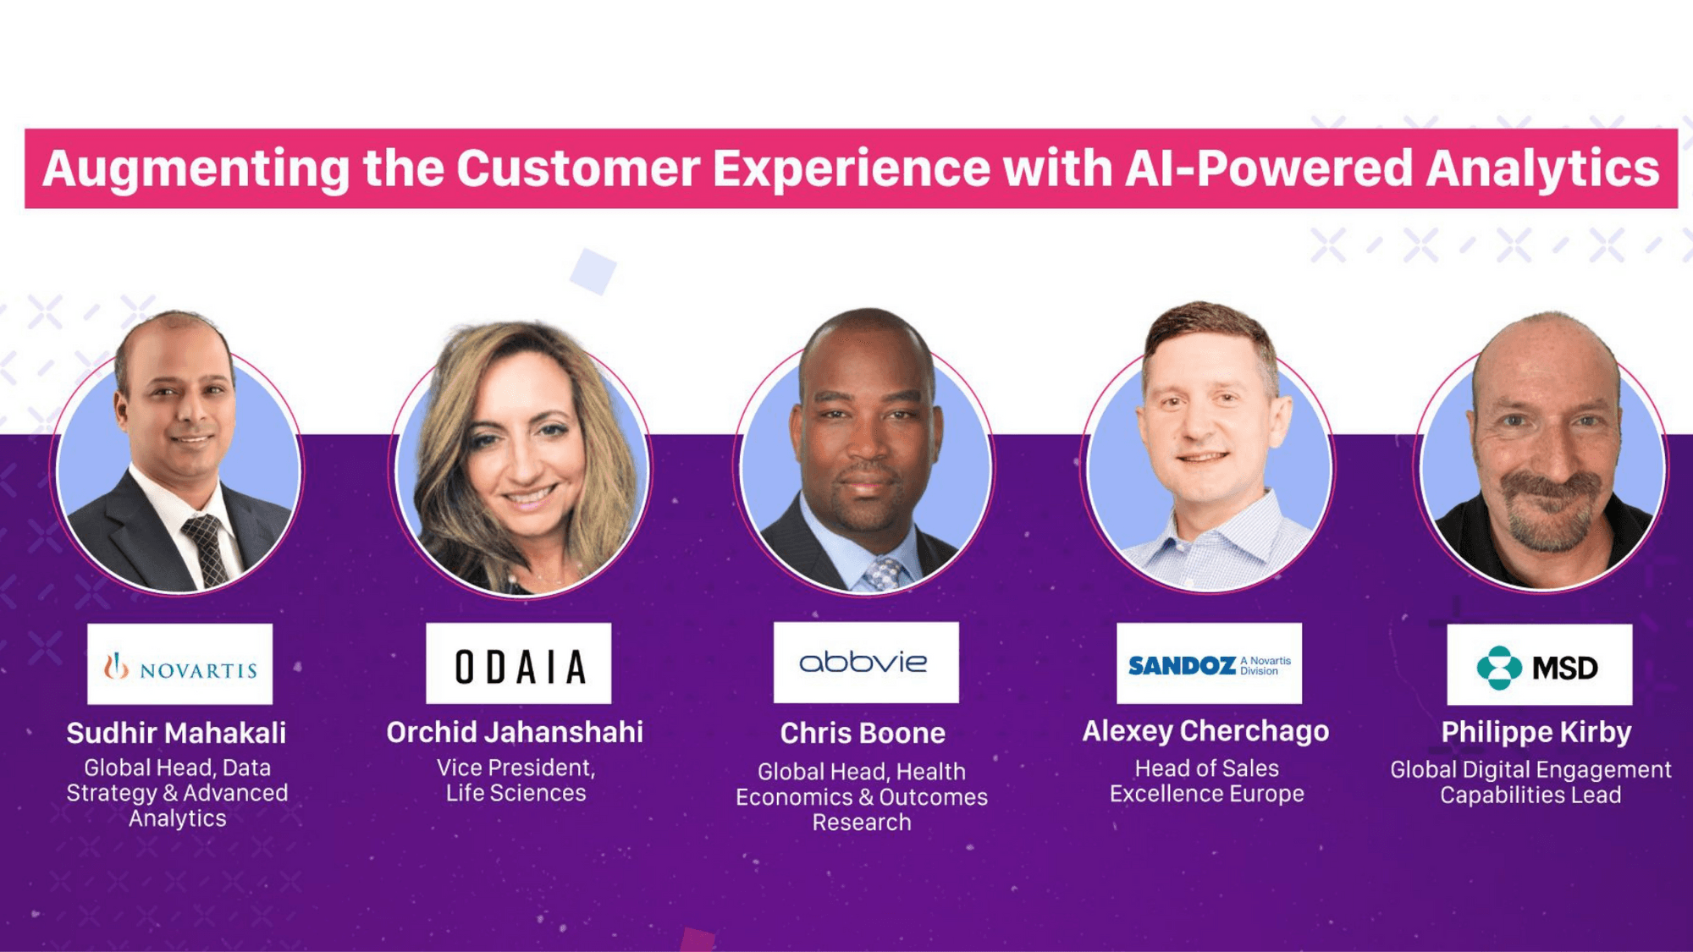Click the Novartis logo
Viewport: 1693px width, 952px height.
[x=180, y=664]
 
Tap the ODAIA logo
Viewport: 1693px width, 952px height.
[x=518, y=663]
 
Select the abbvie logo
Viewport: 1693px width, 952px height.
[x=866, y=663]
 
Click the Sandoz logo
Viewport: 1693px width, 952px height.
[x=1209, y=663]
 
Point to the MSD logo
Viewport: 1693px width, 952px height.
[x=1540, y=664]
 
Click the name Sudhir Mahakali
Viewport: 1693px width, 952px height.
[x=176, y=733]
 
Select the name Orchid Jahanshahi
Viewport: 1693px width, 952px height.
[x=515, y=732]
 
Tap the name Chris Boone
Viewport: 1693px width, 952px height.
[x=863, y=733]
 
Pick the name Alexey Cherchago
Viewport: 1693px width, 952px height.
[x=1205, y=731]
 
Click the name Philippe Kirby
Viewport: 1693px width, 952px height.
[x=1536, y=733]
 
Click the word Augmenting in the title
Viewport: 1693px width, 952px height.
[x=196, y=169]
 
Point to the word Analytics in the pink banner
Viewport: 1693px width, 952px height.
[x=1542, y=169]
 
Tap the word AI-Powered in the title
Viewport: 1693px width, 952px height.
[x=1269, y=168]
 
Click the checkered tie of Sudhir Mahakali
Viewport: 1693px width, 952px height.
[x=206, y=549]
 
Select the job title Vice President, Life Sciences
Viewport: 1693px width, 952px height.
[x=516, y=780]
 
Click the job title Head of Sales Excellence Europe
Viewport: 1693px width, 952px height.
[x=1207, y=781]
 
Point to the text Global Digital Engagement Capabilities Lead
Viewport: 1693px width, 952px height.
[x=1530, y=782]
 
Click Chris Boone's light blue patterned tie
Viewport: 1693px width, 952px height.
[x=883, y=574]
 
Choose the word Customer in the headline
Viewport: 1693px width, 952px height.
[x=578, y=168]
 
